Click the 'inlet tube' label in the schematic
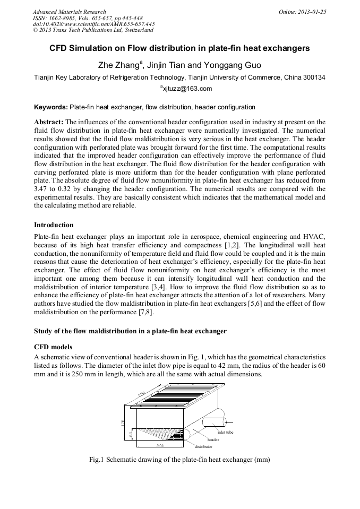(226, 433)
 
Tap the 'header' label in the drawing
(213, 440)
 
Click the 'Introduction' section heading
(54, 225)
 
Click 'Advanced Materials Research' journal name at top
(69, 11)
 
